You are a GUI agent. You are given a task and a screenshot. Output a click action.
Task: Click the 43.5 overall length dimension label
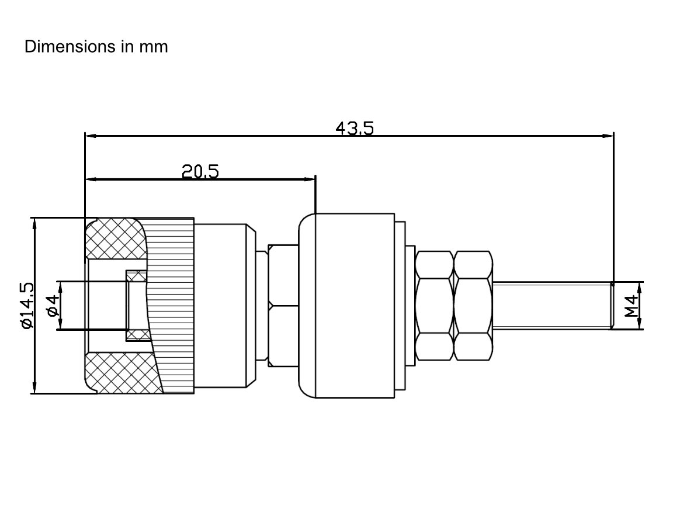pos(355,129)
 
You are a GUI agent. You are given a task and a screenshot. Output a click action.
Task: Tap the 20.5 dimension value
pos(200,172)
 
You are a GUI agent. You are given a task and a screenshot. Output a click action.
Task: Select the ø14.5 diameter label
pos(27,305)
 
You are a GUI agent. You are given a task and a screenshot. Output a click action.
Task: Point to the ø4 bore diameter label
pos(53,305)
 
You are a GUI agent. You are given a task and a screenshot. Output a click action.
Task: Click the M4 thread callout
pos(632,306)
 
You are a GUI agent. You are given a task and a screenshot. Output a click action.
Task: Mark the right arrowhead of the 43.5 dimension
pos(608,136)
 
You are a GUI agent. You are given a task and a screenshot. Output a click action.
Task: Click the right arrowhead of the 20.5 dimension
pos(310,179)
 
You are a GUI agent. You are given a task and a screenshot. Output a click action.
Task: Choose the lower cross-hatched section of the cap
pos(123,373)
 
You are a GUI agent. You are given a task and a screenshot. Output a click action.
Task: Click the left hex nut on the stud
pos(435,306)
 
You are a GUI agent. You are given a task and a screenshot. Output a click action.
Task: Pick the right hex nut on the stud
pos(473,306)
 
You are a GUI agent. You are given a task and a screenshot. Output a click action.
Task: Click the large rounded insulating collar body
pos(346,306)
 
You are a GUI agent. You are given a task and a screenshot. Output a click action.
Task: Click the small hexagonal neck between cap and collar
pos(283,306)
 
